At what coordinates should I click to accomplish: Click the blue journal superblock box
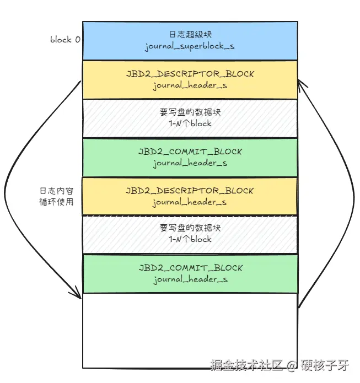(190, 40)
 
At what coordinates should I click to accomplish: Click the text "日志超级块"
(190, 35)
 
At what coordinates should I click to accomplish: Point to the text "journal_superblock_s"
(190, 46)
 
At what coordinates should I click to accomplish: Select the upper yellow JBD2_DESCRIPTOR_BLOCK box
(190, 79)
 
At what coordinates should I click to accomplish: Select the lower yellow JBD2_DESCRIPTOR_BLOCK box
(190, 196)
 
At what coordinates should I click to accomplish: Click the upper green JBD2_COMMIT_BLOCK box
(190, 157)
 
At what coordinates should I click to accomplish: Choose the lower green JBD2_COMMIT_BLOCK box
(190, 273)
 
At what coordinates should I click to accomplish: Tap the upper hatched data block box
(190, 118)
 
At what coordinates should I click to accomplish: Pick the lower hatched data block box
(190, 234)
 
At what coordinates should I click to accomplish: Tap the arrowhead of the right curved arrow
(302, 83)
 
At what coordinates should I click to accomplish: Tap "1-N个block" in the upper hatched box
(190, 124)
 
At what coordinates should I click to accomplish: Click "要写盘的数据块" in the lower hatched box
(190, 228)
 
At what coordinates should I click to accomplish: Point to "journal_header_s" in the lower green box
(190, 280)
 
